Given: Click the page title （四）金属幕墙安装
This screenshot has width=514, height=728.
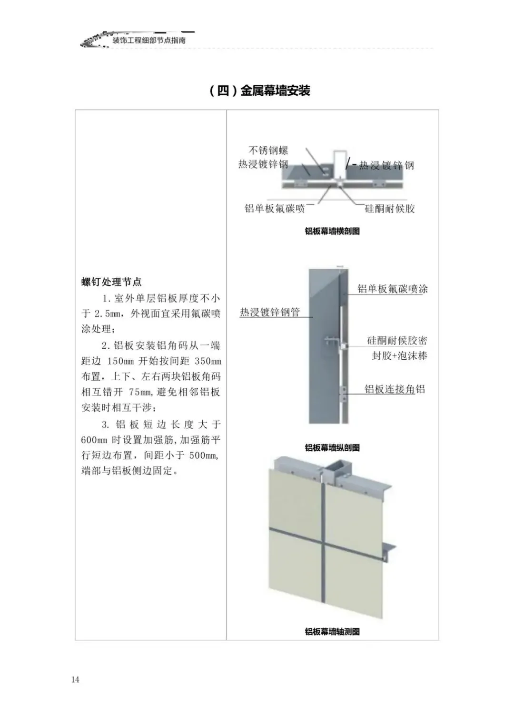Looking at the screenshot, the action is (260, 91).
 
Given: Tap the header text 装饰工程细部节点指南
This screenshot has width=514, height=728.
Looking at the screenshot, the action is (149, 40).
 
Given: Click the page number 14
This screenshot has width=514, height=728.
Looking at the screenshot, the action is (76, 679).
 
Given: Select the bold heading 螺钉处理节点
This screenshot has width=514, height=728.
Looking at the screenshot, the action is (111, 282).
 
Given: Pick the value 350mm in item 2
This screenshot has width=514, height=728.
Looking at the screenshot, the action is (208, 361).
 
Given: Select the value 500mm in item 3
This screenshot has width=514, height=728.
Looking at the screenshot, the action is (203, 455).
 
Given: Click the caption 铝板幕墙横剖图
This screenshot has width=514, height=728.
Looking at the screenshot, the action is (332, 231).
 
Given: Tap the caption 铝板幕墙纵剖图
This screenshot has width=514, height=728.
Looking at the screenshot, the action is (332, 447).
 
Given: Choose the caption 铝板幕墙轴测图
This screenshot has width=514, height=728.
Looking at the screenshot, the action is (332, 631).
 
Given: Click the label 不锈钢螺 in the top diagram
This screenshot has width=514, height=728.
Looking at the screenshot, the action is (268, 151).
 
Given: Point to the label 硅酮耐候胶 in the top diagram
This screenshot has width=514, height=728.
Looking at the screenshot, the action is (390, 208).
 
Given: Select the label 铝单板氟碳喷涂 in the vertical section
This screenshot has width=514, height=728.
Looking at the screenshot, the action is (393, 289).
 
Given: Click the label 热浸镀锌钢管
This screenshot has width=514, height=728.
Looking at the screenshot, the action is (270, 312).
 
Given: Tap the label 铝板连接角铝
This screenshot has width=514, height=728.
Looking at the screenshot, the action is (395, 389).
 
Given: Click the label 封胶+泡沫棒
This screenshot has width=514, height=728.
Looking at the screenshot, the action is (399, 355).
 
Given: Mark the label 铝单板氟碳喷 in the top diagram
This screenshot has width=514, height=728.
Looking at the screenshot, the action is (275, 208).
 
